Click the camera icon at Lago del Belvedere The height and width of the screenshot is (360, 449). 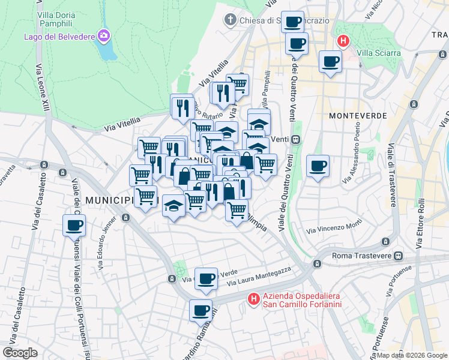pos(104,37)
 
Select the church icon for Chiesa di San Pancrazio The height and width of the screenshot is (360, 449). pos(229,20)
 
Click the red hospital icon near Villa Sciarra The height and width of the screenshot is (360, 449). pos(343,41)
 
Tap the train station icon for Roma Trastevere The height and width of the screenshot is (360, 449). pos(397,255)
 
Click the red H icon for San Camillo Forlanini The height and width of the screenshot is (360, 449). pos(254,298)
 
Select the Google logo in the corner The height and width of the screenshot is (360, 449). pos(20,352)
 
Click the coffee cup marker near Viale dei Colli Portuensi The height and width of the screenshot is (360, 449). pos(74,226)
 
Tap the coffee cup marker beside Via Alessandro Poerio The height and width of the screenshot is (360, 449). pos(318,166)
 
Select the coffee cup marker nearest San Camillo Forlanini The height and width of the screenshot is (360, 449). pos(201,311)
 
